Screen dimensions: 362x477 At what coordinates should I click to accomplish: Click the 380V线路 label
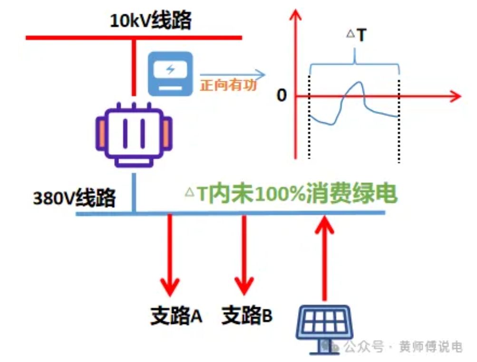pyautogui.click(x=74, y=197)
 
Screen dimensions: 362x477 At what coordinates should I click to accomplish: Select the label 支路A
pyautogui.click(x=176, y=314)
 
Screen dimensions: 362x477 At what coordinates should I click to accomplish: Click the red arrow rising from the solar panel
pyautogui.click(x=325, y=257)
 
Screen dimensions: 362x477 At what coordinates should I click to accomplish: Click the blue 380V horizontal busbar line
pyautogui.click(x=228, y=213)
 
